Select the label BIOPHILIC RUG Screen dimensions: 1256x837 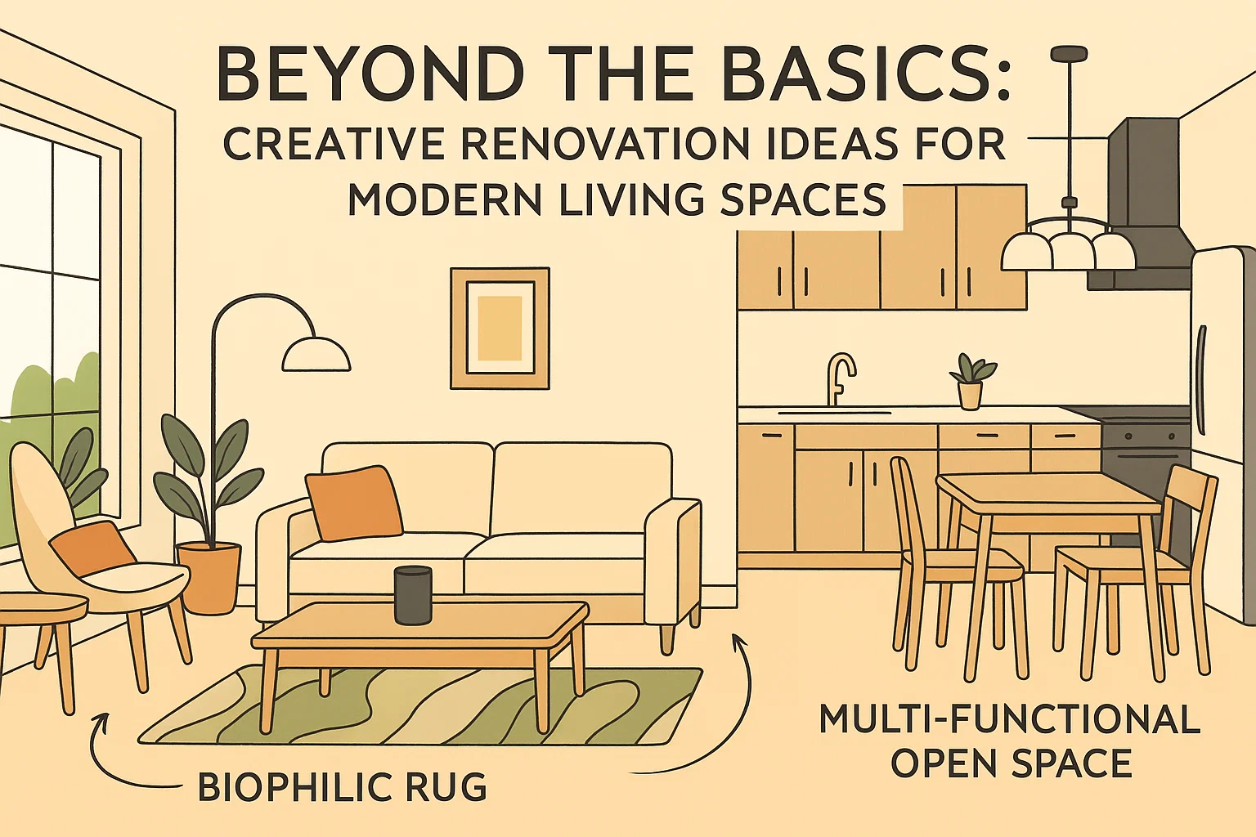point(343,786)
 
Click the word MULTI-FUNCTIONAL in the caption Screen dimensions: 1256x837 point(1009,719)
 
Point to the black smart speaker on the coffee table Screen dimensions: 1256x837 point(413,595)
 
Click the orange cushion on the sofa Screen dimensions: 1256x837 point(354,503)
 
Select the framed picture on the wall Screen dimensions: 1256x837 point(500,328)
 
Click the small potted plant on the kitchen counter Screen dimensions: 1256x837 point(971,381)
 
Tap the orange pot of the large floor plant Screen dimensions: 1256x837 point(209,577)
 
